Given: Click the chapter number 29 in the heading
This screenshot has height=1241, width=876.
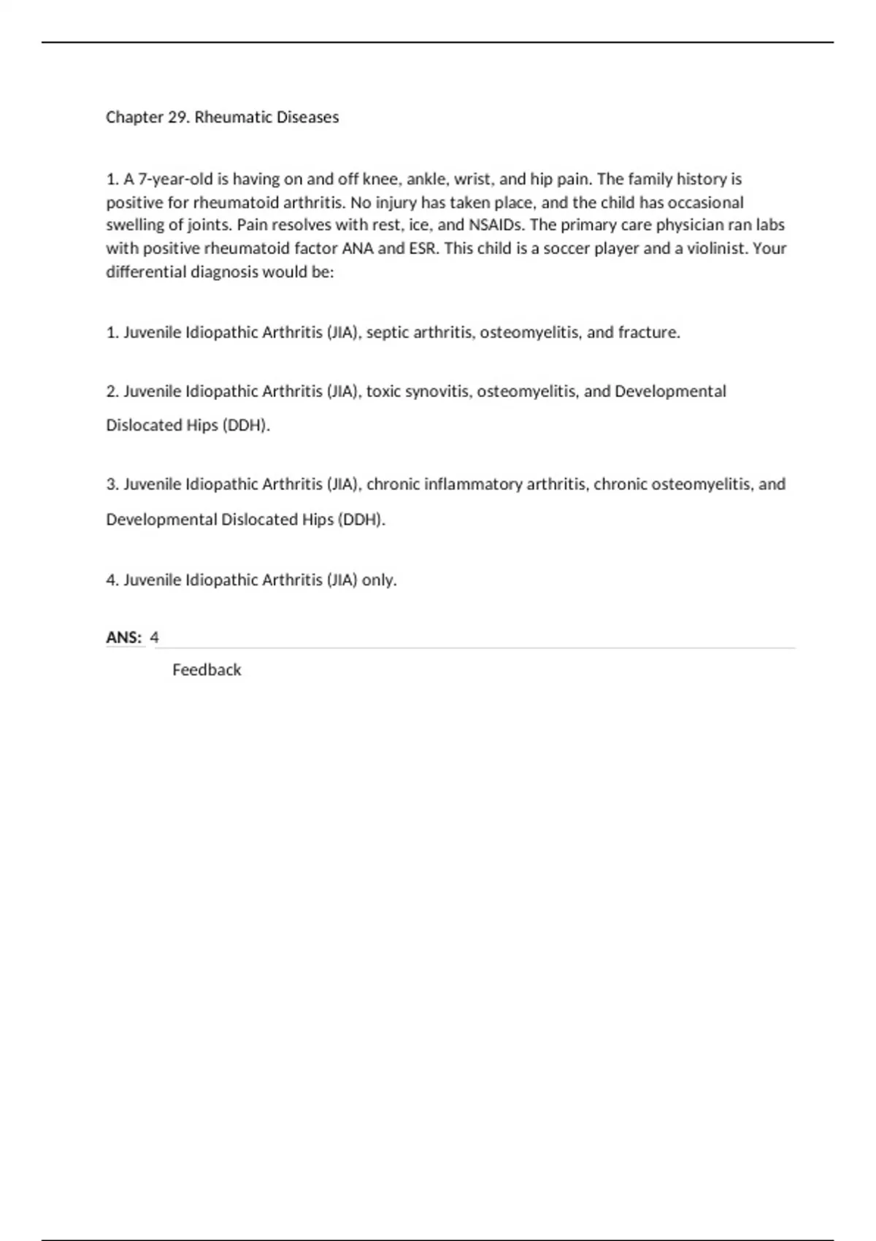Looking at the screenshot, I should (179, 118).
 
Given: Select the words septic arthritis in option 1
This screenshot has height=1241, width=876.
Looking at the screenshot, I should (419, 333).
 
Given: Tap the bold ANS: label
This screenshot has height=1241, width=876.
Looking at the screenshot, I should (124, 637).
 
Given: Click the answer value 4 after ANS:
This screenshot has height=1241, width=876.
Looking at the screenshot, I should (154, 637).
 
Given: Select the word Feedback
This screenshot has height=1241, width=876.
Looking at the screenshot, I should (207, 670).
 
